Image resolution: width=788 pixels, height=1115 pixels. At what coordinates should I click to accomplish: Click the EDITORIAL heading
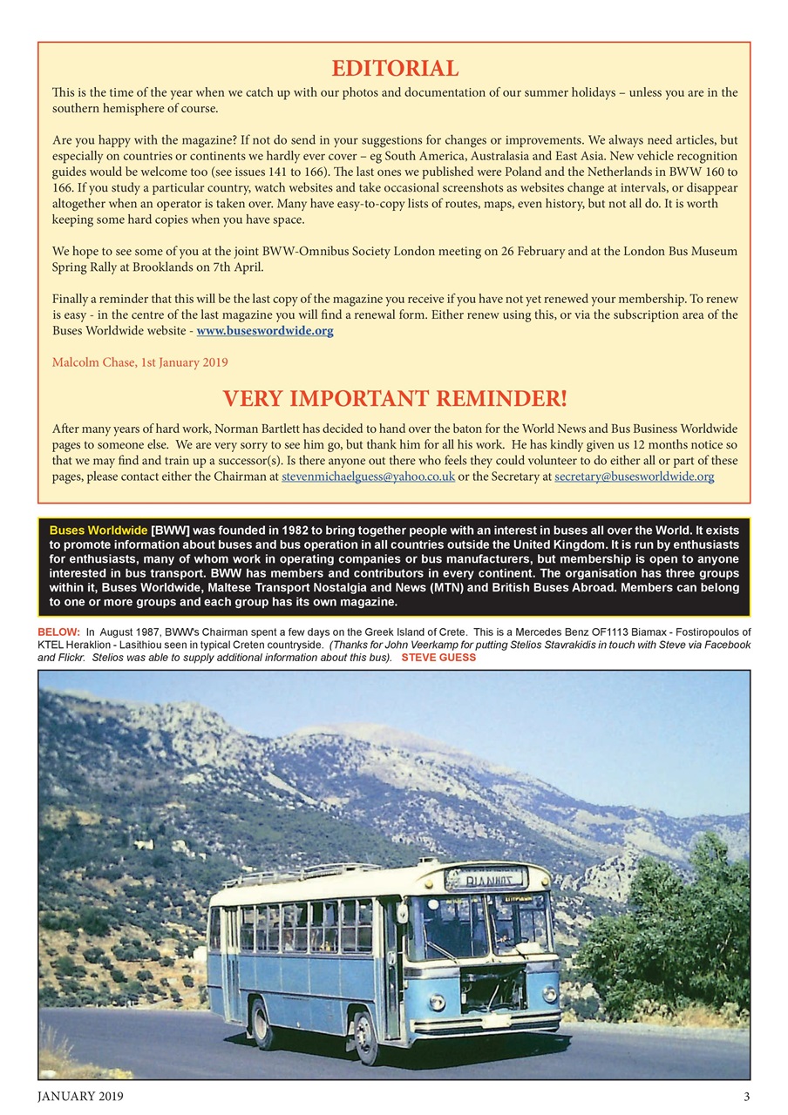coord(395,68)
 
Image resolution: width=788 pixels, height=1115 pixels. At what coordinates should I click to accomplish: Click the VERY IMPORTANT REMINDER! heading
coord(395,399)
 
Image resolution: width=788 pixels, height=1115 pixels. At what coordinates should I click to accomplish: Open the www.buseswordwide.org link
coord(265,331)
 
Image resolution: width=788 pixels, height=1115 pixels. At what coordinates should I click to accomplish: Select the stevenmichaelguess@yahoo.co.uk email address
coord(368,477)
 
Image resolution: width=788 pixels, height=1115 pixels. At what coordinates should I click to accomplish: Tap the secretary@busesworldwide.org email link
coord(634,477)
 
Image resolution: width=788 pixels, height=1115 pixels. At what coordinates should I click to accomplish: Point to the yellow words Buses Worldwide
coord(98,530)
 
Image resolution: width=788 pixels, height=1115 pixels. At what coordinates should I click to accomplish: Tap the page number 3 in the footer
coord(746,1097)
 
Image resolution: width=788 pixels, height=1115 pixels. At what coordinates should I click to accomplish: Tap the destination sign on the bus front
coord(486,879)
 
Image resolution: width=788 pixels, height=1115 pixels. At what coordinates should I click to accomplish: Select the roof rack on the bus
coord(296,874)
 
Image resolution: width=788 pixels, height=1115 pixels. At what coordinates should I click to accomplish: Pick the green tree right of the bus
coord(671,932)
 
